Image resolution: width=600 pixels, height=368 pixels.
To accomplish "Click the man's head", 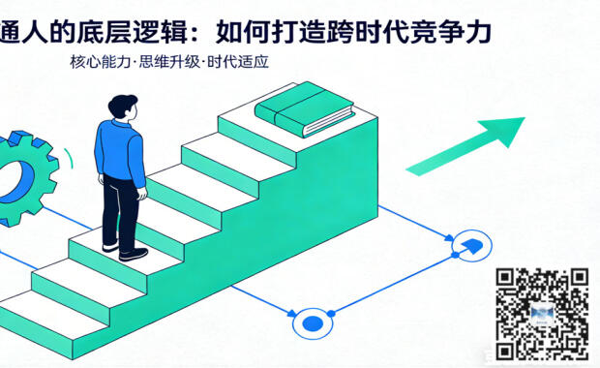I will [x=123, y=107].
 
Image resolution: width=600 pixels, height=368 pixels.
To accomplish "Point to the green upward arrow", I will [x=465, y=145].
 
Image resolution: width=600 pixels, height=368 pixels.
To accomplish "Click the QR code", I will [x=542, y=313].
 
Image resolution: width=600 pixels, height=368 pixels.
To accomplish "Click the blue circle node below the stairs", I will [x=313, y=322].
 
